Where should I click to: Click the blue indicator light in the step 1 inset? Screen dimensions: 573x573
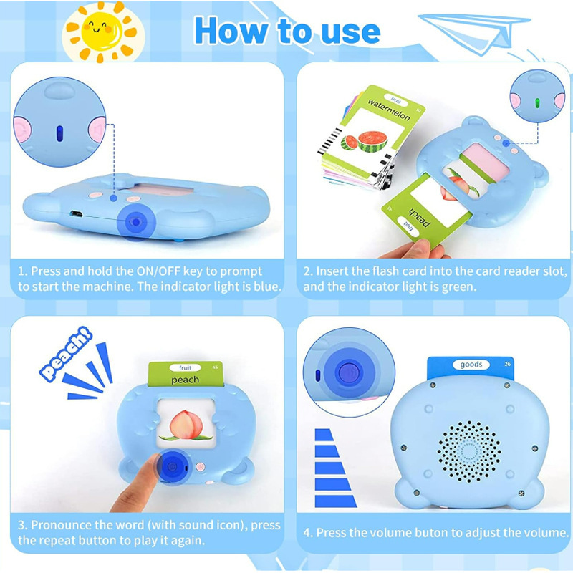(x=59, y=133)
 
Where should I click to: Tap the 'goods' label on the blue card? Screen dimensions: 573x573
(x=471, y=365)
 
